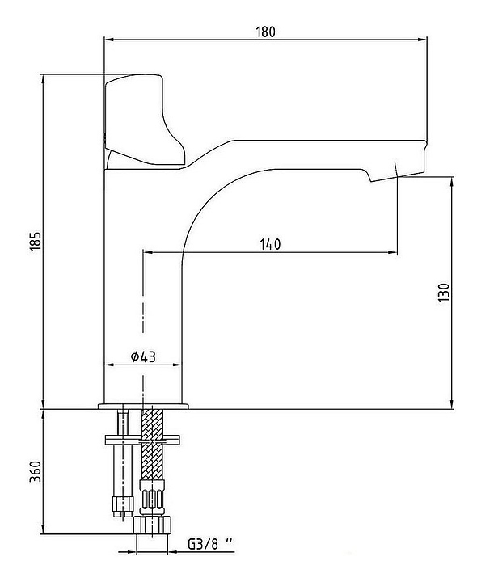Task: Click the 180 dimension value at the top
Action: point(266,32)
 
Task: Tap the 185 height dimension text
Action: point(36,242)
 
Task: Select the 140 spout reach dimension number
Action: point(270,244)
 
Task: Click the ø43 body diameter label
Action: point(143,356)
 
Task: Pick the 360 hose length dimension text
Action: point(36,472)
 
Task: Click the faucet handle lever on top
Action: point(145,120)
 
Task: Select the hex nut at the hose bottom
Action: point(153,525)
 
